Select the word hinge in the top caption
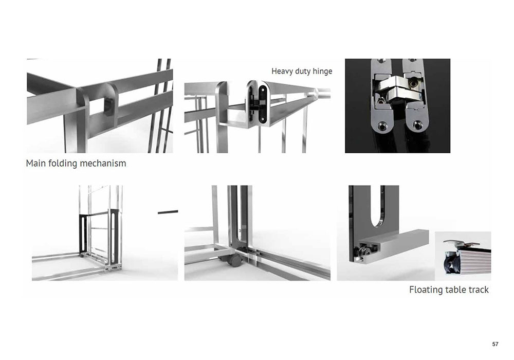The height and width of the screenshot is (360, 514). coord(322,71)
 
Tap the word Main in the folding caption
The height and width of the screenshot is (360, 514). coord(36,163)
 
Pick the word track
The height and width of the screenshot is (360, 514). coord(478,290)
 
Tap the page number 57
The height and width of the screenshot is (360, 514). coord(495,344)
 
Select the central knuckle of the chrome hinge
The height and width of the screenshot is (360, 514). coord(398,89)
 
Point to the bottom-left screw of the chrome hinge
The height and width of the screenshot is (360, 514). coord(381,125)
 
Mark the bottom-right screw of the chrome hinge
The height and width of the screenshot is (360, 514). coord(417,125)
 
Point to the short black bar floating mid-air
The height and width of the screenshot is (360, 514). coord(168,212)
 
